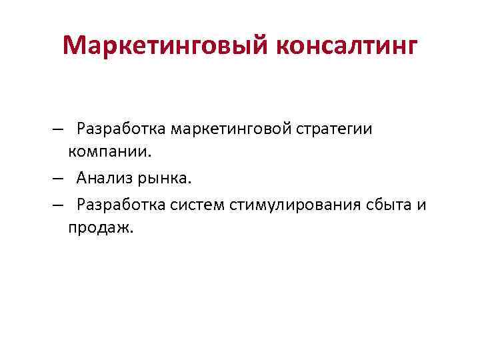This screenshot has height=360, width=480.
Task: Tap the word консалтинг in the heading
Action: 346,46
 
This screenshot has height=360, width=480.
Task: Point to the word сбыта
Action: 385,203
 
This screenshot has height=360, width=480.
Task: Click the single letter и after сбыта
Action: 422,204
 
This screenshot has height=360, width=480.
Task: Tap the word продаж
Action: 99,228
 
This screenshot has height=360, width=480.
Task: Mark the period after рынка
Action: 190,181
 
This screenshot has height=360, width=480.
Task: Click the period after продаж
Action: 132,231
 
